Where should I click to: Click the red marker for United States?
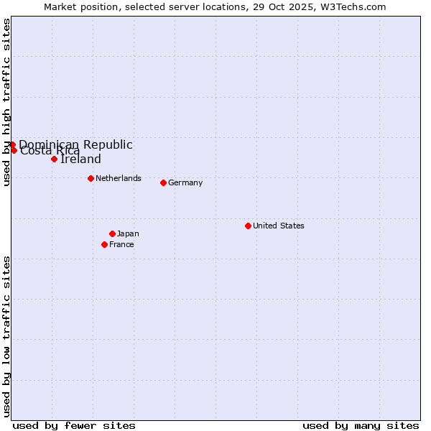[248, 226]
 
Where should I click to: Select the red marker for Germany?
[163, 182]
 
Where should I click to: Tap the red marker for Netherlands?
[91, 178]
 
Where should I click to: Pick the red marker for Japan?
[112, 233]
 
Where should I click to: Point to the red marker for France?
[104, 244]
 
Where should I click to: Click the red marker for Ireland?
[54, 159]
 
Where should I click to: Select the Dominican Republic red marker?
[12, 144]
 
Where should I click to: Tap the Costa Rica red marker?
[14, 150]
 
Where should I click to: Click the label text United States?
[279, 226]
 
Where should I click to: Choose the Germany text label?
[185, 182]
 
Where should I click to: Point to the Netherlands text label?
[119, 178]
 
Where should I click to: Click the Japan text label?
[128, 233]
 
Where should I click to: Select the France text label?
[121, 244]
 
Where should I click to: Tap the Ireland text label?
[80, 159]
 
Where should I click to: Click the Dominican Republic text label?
[75, 144]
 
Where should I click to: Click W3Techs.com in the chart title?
[353, 6]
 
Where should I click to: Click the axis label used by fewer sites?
[74, 425]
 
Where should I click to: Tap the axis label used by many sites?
[361, 425]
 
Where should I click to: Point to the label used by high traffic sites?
[6, 102]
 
